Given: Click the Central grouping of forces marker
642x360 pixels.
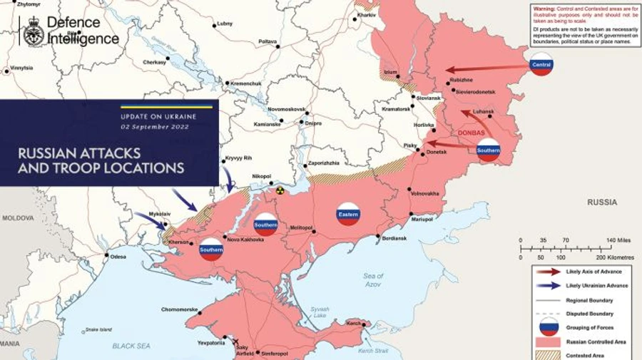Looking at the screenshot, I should point(541,65).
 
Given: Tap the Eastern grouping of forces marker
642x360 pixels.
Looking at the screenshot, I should point(349,214).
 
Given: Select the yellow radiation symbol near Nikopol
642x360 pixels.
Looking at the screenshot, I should point(280,191).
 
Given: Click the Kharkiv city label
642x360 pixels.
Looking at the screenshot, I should point(367,15).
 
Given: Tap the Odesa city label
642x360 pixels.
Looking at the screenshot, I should point(118,257).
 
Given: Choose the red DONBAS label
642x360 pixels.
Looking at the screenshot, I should point(470,133).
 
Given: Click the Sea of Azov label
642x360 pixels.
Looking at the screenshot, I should point(372,279).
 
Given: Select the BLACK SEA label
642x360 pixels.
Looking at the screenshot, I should point(131,345).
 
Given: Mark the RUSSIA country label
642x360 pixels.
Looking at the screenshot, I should point(601,202).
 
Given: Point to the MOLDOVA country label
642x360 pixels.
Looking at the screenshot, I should point(17,217).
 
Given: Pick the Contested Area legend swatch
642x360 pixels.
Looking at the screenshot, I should point(547,354).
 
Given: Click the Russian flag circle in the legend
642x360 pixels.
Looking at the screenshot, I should point(547,327).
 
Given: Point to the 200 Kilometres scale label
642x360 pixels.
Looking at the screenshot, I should point(615,257).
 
